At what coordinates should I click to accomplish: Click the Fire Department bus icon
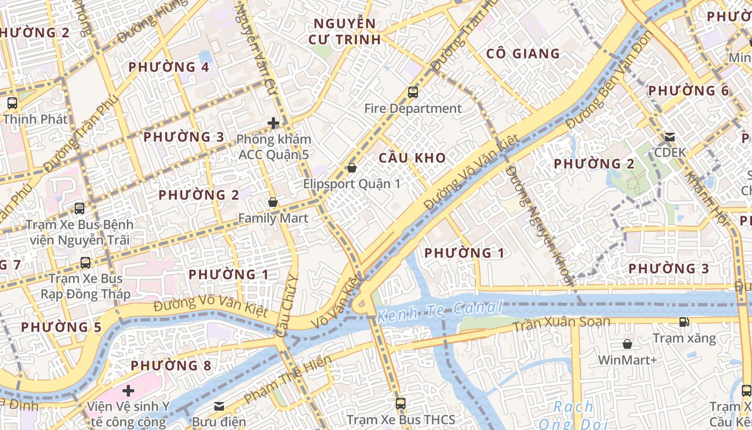click(413, 92)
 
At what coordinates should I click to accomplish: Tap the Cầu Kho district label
click(412, 157)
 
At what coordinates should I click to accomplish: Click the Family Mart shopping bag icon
click(273, 203)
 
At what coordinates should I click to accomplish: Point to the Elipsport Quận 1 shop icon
click(352, 168)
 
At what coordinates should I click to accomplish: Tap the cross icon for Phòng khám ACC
click(273, 123)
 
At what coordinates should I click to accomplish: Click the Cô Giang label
click(523, 54)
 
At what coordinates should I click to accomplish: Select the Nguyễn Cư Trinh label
click(344, 31)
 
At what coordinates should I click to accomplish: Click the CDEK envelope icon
click(669, 137)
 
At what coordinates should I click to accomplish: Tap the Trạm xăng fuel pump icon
click(684, 322)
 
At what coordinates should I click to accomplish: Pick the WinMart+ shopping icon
click(627, 344)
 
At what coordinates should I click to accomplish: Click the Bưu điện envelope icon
click(219, 406)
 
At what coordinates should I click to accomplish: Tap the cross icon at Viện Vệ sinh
click(128, 391)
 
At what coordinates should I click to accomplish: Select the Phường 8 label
click(171, 365)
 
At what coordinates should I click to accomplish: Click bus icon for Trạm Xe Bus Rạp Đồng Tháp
click(85, 263)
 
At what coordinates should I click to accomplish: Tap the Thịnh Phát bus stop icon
click(12, 103)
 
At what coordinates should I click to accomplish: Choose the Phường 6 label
click(689, 91)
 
